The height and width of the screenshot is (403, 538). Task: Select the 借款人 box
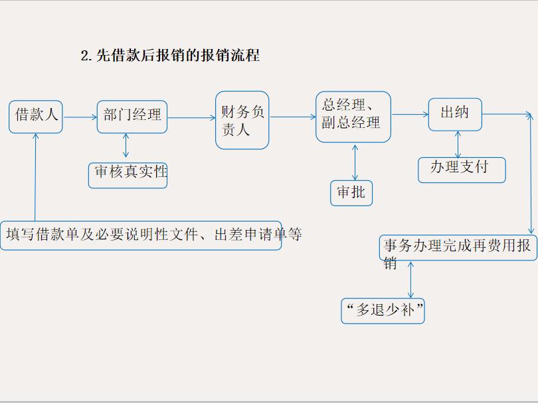pos(36,117)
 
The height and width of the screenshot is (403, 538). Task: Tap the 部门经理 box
pos(132,117)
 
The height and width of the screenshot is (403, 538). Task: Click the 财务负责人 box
pos(242,120)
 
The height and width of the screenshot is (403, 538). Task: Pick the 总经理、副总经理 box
pos(353,117)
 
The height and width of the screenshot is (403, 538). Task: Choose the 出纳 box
pos(455,114)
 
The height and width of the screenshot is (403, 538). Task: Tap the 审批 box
pos(351,193)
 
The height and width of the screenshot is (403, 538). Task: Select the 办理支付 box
pos(462,170)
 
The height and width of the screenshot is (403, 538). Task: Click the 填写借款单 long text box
pos(141,235)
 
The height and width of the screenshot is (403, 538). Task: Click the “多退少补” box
pos(383,310)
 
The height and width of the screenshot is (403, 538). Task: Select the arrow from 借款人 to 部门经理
pos(80,117)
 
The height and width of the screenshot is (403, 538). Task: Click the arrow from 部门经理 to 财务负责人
pos(191,118)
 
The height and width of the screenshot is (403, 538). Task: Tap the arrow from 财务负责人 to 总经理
pos(293,117)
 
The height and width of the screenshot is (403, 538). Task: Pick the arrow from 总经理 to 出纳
pos(410,115)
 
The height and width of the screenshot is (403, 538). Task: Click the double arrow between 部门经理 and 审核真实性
pos(126,146)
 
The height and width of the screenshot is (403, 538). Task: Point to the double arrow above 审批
pos(355,162)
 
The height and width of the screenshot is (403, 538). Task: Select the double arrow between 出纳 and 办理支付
pos(458,144)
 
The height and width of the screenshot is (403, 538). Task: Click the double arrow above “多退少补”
pos(410,280)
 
